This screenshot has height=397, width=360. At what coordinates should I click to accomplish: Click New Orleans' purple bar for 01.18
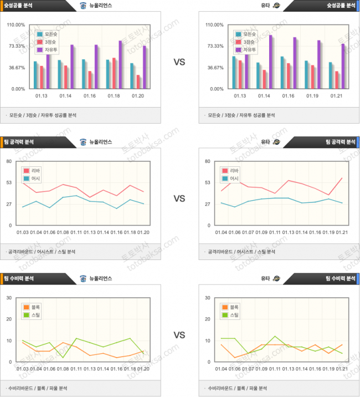tap(120, 64)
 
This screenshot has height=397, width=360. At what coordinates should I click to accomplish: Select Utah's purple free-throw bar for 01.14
tap(271, 62)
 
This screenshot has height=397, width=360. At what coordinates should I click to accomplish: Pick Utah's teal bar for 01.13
tap(234, 72)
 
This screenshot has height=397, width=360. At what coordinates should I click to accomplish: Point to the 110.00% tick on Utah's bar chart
tap(214, 25)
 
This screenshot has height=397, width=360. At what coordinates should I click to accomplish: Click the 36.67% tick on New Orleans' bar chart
tap(16, 68)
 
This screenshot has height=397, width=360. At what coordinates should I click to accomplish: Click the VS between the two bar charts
tap(179, 62)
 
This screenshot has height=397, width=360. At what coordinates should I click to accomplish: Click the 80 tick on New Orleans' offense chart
tap(9, 161)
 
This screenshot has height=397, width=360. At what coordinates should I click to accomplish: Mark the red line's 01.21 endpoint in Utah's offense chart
tap(342, 178)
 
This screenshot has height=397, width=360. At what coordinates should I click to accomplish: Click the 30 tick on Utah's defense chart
tap(208, 298)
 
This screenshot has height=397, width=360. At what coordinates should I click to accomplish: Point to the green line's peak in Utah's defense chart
tap(275, 336)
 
